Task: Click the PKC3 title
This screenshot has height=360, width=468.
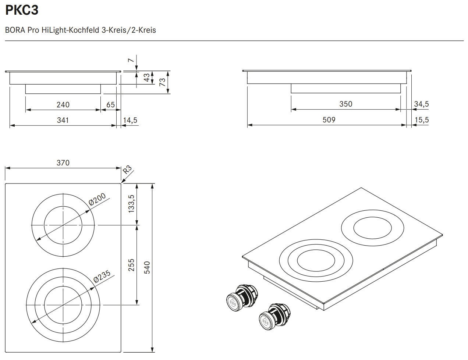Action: point(22,10)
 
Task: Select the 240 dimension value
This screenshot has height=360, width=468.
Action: point(63,105)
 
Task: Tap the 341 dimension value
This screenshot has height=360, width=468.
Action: point(63,120)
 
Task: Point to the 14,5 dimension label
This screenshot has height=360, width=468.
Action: point(130,120)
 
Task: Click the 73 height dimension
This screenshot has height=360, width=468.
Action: point(162,82)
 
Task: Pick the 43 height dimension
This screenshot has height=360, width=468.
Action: point(147,78)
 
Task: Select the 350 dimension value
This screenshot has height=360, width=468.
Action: point(345,104)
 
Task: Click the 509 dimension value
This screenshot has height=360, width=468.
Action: point(329,120)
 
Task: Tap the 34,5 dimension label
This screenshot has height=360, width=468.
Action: point(421,104)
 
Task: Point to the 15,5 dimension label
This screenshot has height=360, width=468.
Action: point(421,120)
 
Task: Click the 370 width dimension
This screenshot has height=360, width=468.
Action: point(63,163)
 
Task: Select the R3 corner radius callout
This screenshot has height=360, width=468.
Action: point(127,170)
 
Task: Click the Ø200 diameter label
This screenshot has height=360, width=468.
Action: point(97,199)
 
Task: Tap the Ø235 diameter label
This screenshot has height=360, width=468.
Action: point(102,277)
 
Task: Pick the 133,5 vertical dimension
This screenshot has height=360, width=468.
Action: point(131,203)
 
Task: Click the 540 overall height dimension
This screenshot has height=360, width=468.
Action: point(147,267)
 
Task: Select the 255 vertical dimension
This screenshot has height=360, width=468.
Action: point(131,265)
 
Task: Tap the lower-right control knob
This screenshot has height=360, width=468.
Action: point(274,316)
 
